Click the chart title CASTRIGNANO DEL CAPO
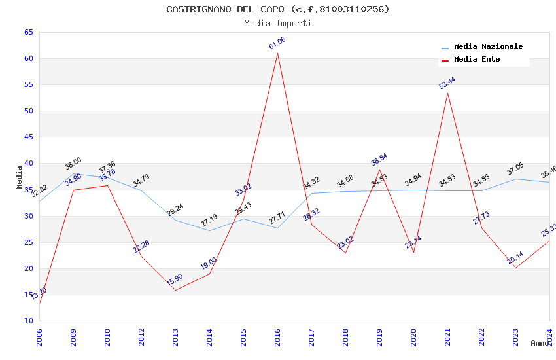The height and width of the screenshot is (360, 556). [x=277, y=9]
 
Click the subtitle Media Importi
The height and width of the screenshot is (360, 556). [x=277, y=23]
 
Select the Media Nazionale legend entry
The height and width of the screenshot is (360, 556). [x=488, y=47]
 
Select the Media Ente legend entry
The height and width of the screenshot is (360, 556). [x=477, y=60]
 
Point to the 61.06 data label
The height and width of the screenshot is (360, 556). [x=277, y=43]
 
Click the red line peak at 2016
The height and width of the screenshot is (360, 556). [x=277, y=53]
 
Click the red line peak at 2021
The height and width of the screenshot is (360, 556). [x=447, y=93]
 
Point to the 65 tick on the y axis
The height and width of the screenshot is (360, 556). [x=27, y=32]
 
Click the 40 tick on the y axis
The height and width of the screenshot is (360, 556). [x=27, y=164]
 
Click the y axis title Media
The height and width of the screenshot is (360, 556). [x=20, y=177]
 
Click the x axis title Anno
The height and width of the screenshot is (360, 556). [x=540, y=343]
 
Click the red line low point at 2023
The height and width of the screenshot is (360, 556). [x=515, y=268]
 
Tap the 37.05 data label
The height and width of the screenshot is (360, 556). [x=515, y=170]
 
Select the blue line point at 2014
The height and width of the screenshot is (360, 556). [x=209, y=230]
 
